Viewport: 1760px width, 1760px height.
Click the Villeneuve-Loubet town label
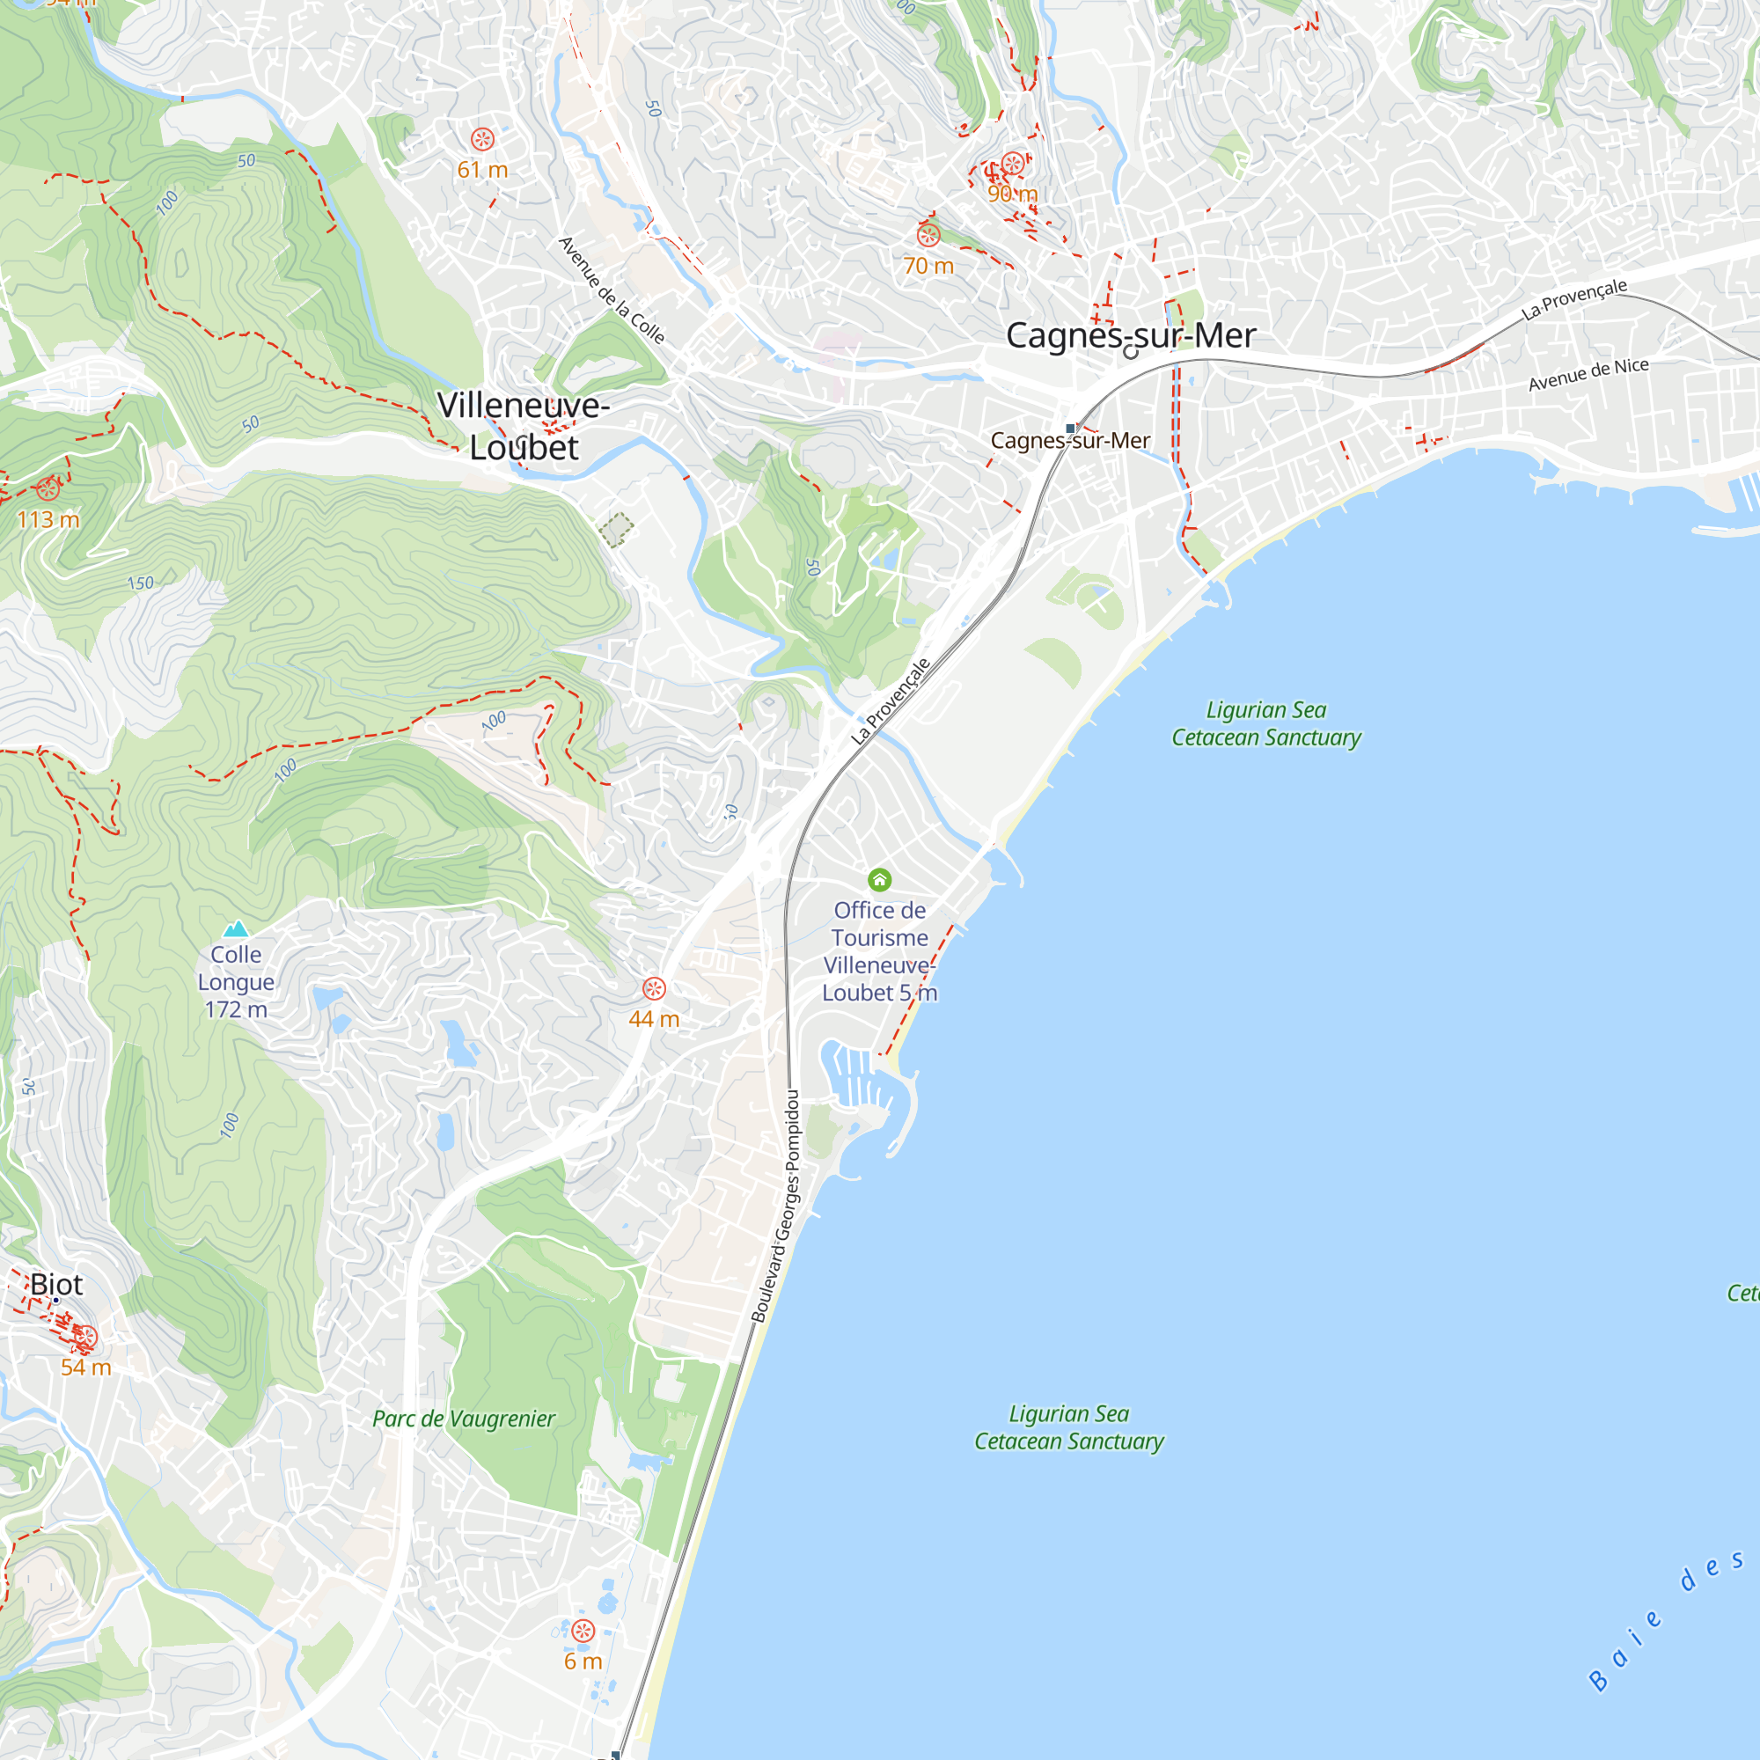click(523, 426)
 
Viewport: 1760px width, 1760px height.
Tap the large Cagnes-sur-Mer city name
click(1131, 335)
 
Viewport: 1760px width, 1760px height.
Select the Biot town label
click(56, 1285)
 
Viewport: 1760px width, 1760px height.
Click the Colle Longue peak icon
click(236, 929)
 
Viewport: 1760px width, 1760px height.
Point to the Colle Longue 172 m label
click(236, 982)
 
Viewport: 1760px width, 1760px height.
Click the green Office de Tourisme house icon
click(879, 879)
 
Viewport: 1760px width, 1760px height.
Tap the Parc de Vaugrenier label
click(464, 1419)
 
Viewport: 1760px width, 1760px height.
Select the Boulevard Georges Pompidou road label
click(776, 1206)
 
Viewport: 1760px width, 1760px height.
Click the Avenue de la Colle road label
click(612, 290)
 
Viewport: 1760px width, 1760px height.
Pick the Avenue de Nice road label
click(1588, 374)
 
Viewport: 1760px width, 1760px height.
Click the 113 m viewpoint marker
click(48, 489)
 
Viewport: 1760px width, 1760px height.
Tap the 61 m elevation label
click(483, 170)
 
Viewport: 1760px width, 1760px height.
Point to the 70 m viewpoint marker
click(928, 236)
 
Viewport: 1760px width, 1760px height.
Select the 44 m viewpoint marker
click(654, 988)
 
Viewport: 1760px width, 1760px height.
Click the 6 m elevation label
click(583, 1661)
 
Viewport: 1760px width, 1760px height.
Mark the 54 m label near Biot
click(86, 1368)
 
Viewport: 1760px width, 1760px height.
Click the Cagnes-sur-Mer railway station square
click(1070, 429)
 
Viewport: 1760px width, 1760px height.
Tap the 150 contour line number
click(140, 583)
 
